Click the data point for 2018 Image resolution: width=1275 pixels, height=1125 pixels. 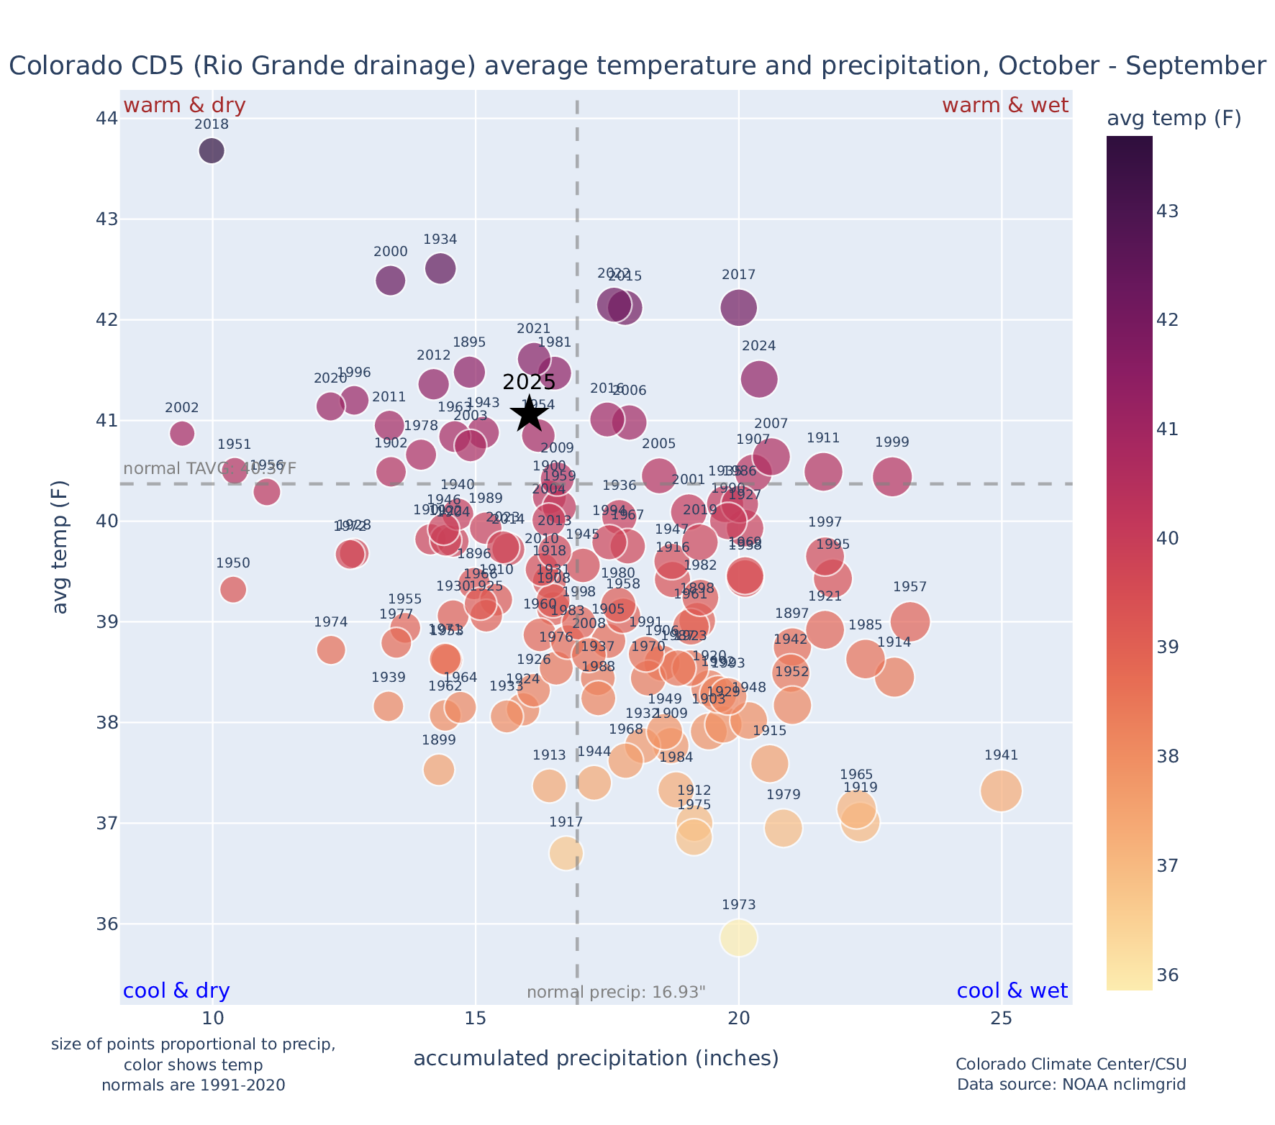[x=211, y=151]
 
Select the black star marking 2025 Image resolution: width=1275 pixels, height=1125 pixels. [x=529, y=414]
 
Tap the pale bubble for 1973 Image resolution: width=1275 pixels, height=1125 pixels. [x=738, y=938]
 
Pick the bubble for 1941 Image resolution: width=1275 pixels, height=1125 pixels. [x=1001, y=791]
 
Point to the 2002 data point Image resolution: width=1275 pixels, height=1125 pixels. [x=182, y=433]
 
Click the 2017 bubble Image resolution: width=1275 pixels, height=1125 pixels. [x=738, y=308]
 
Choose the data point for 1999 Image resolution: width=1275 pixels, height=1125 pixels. [x=893, y=477]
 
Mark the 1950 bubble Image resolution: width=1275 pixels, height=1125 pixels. [x=233, y=589]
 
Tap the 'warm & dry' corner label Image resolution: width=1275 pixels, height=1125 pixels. [x=184, y=106]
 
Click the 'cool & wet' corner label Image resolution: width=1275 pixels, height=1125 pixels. [x=1012, y=991]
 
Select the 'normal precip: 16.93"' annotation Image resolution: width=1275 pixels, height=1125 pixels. [x=616, y=993]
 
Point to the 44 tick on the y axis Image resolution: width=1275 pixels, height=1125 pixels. [x=106, y=118]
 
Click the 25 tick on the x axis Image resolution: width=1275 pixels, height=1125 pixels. [x=1001, y=1019]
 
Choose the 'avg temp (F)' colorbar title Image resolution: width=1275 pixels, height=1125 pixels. [x=1174, y=119]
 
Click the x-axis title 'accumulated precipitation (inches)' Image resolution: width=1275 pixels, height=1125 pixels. [x=596, y=1058]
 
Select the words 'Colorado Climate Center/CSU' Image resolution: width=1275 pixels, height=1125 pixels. [x=1071, y=1065]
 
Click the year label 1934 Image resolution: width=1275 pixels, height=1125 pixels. [x=440, y=240]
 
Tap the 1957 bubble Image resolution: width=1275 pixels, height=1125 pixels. [x=909, y=621]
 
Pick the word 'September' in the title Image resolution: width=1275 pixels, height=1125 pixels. [x=1195, y=66]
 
